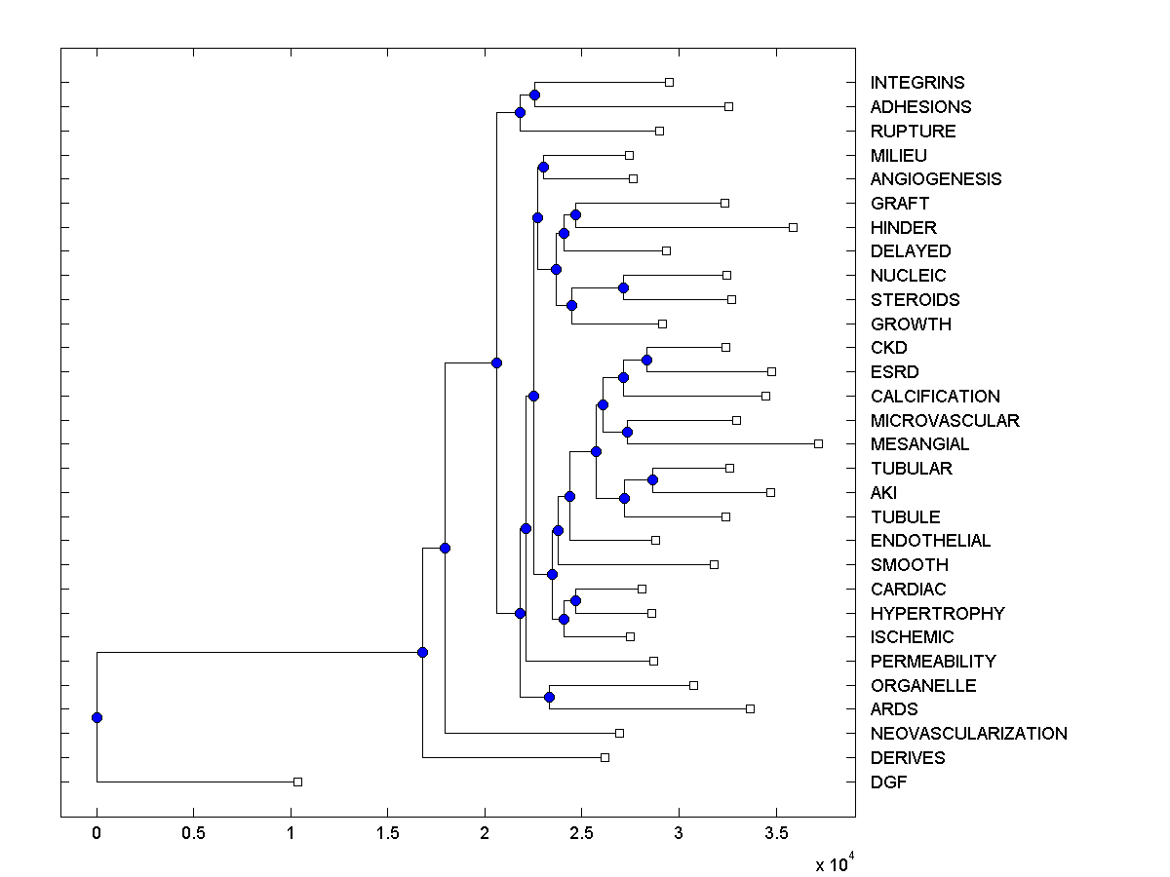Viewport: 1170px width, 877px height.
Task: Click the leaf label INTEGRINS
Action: point(917,83)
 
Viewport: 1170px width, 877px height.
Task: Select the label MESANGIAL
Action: point(920,444)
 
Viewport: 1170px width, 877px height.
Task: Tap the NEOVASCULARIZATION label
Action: point(968,734)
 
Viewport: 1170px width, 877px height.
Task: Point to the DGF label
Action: point(888,782)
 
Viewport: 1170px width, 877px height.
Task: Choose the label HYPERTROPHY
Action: point(937,613)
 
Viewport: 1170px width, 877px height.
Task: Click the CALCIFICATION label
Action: point(935,397)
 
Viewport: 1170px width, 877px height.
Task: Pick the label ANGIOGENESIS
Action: point(936,179)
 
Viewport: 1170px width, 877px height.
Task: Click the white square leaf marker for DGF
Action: point(298,782)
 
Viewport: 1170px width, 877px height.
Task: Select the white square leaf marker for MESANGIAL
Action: point(818,443)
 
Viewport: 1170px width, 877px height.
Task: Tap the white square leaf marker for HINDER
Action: point(793,227)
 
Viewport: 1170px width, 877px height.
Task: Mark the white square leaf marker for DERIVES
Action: point(604,757)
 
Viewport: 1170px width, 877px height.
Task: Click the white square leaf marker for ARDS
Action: point(750,708)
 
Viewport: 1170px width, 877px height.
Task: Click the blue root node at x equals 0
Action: point(97,717)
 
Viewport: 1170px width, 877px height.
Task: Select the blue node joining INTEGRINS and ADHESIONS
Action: point(534,95)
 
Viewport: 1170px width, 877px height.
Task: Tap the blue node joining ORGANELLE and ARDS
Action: point(549,697)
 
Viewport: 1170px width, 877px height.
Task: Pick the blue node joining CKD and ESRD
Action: point(646,360)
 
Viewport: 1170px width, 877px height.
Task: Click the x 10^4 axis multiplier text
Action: point(834,863)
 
